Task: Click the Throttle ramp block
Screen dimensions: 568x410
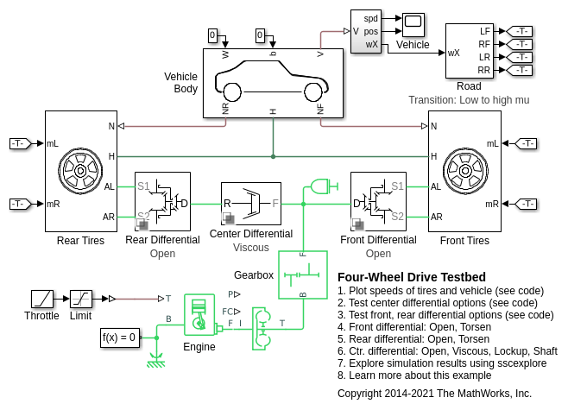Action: pos(42,299)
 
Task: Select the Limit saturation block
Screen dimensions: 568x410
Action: pos(81,299)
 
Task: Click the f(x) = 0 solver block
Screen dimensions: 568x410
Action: pos(120,337)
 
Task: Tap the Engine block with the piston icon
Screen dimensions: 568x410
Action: pos(199,315)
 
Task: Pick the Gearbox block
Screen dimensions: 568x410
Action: pos(303,274)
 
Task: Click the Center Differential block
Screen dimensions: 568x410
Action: pos(251,204)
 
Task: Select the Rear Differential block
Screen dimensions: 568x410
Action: pos(162,201)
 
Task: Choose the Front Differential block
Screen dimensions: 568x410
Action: pos(378,201)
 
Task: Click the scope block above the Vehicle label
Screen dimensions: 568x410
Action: pos(413,25)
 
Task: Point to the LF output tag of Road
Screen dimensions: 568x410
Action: pos(520,31)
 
